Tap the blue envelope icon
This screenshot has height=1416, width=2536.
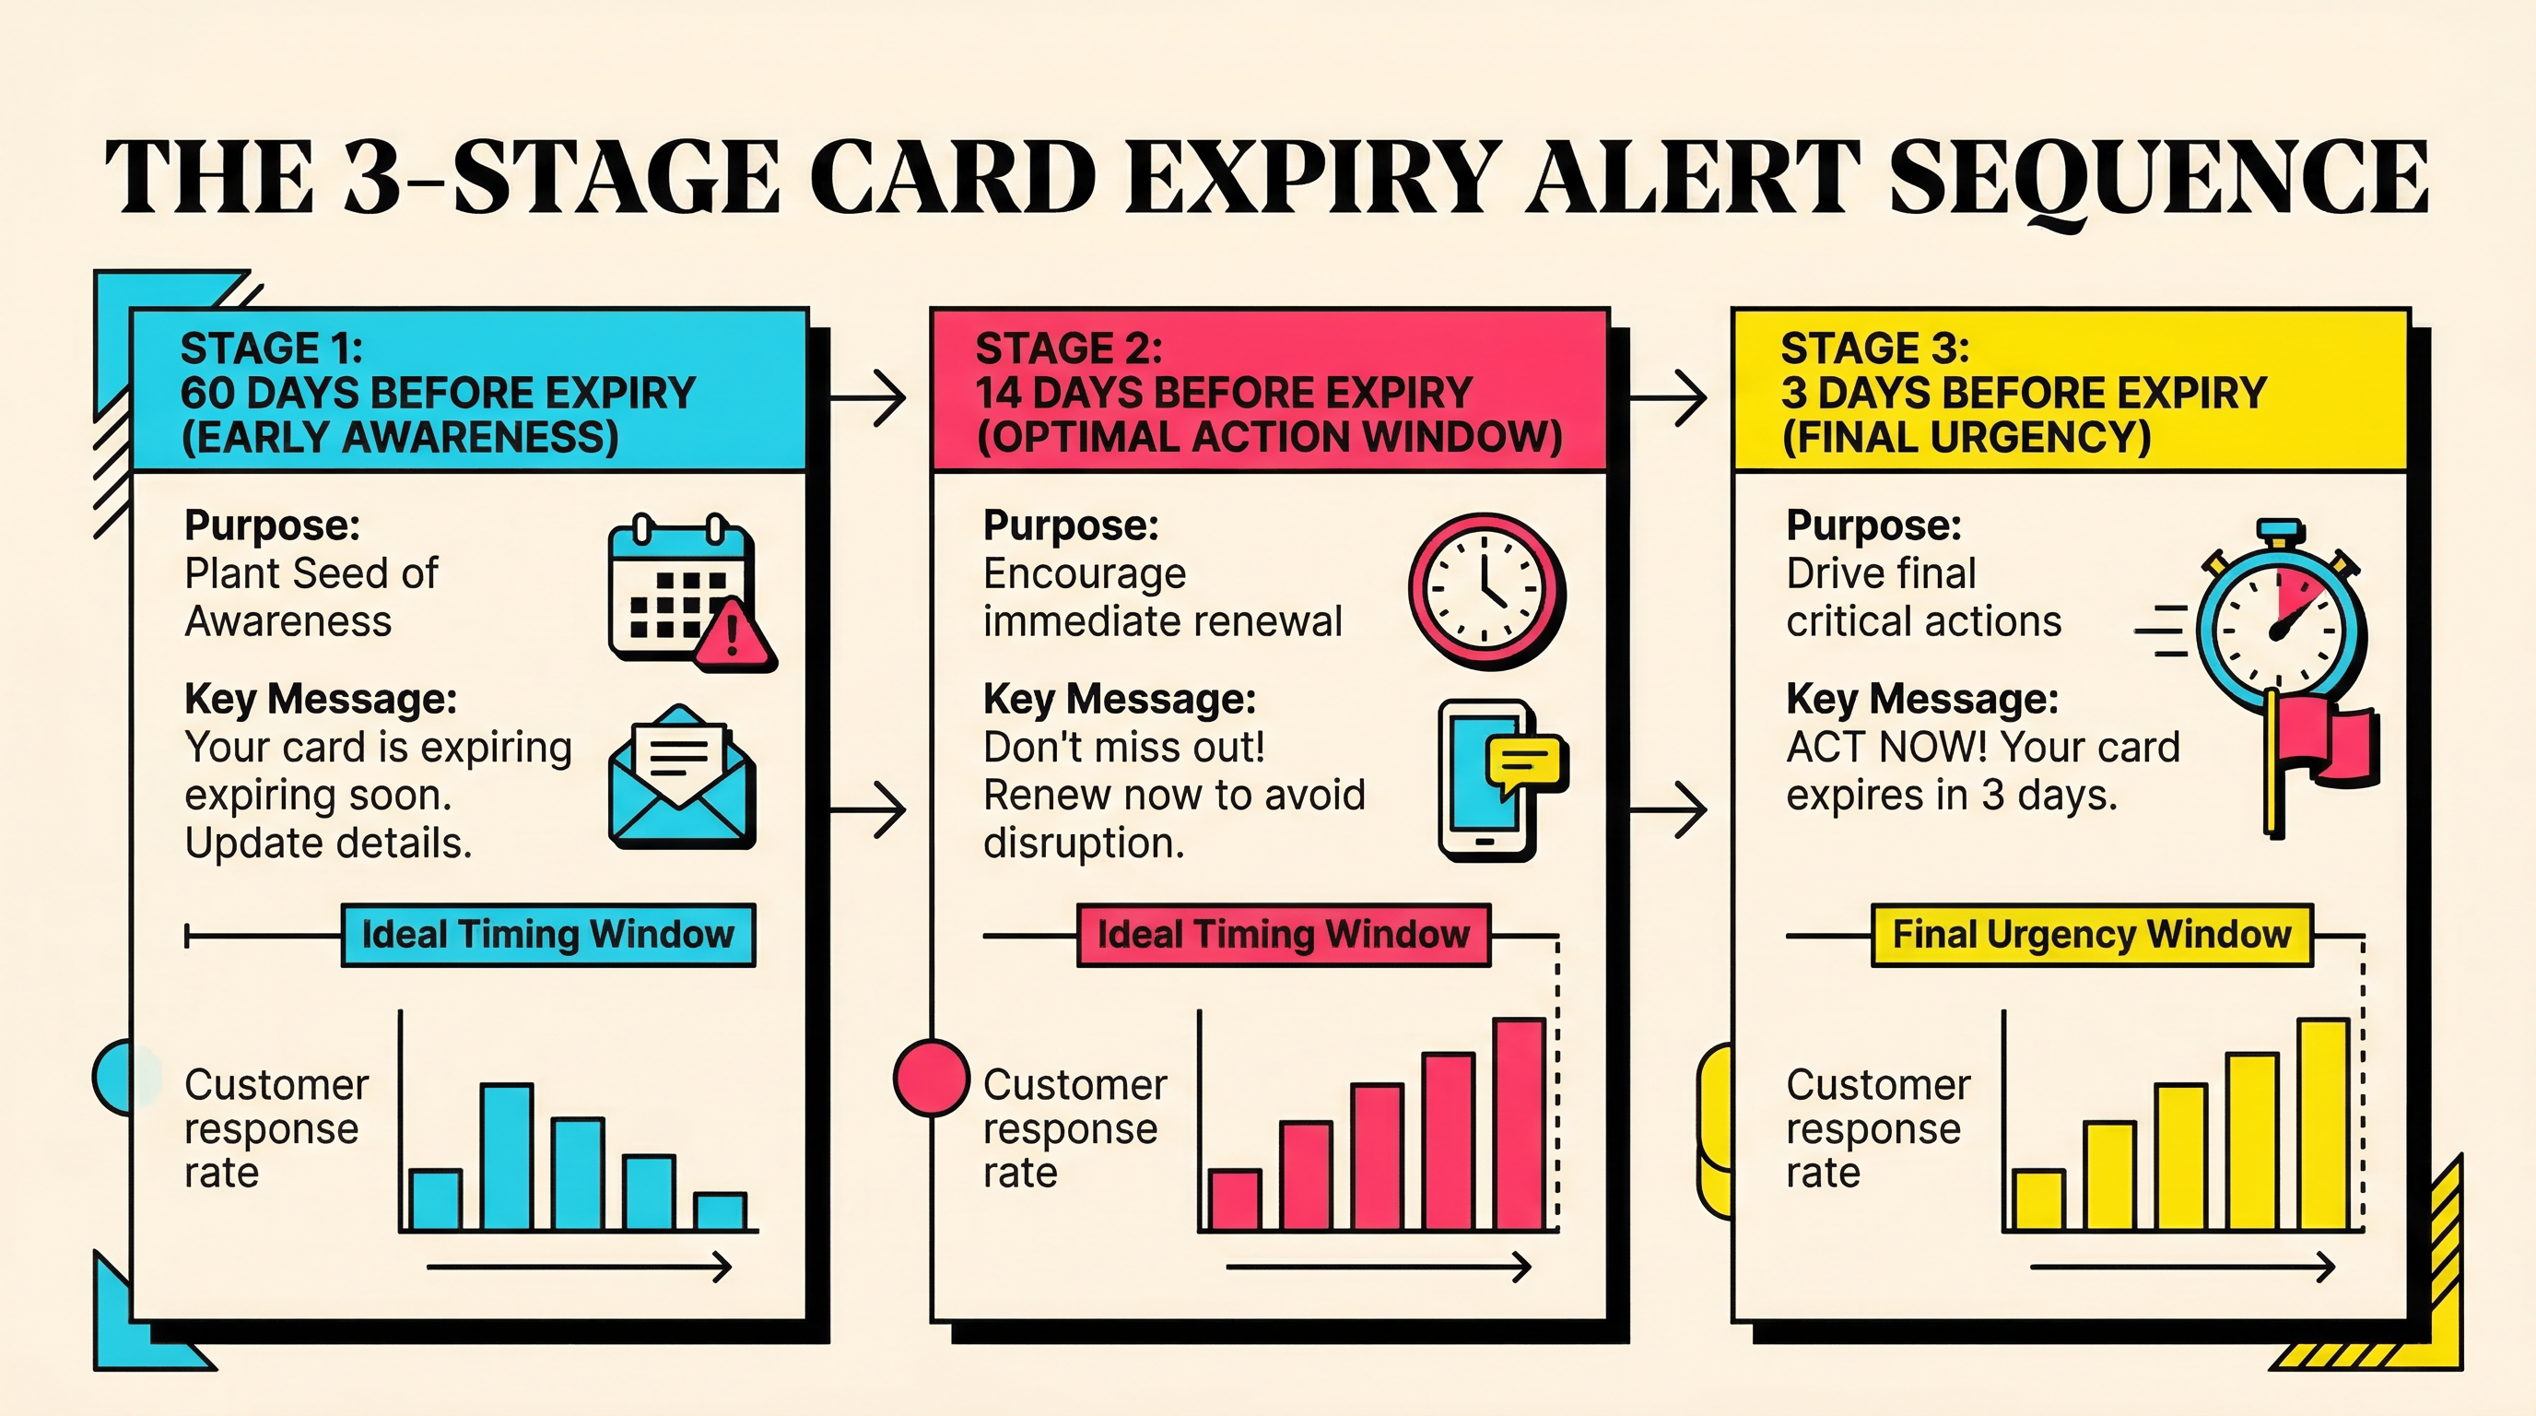(x=681, y=778)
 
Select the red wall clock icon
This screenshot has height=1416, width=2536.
(x=1485, y=591)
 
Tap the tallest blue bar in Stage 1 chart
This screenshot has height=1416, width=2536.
(x=507, y=1157)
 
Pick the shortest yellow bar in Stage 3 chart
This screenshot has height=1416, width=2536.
(x=2037, y=1200)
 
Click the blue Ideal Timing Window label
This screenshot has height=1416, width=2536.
(x=547, y=935)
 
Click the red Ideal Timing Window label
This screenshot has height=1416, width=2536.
(x=1283, y=935)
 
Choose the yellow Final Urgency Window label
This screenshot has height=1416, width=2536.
(x=2091, y=935)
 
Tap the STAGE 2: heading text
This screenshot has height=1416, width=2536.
(x=1068, y=348)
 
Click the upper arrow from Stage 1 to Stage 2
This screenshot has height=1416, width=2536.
(x=868, y=399)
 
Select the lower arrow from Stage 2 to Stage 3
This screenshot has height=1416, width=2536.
(x=1669, y=810)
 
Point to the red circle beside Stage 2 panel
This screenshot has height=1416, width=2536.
(x=932, y=1079)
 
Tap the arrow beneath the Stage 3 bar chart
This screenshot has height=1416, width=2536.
(x=2181, y=1268)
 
